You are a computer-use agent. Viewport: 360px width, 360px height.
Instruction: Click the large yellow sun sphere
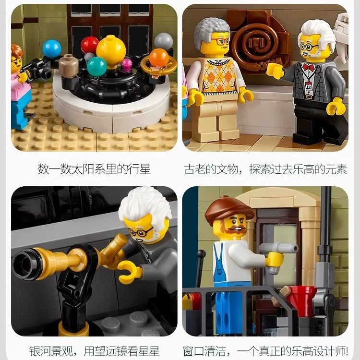[111, 50]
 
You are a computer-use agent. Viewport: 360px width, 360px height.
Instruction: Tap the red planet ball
[90, 45]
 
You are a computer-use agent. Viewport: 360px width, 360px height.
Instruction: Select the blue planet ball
[52, 48]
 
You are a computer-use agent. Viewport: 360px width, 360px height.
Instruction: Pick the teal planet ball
[96, 66]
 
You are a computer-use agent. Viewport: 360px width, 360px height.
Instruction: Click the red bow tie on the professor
[307, 68]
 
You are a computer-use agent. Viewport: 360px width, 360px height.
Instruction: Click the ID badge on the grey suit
[309, 86]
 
